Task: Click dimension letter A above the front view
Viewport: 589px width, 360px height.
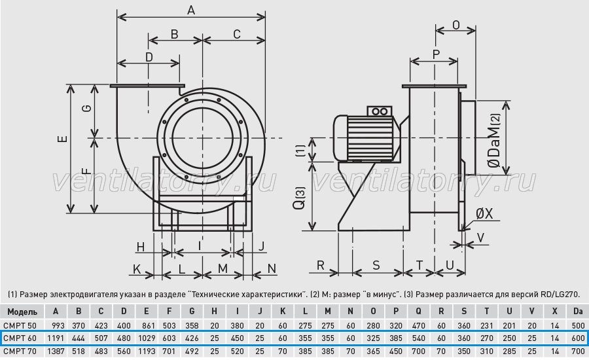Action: pos(191,10)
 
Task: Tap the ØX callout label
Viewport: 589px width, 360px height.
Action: pos(484,214)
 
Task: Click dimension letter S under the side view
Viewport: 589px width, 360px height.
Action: pos(376,265)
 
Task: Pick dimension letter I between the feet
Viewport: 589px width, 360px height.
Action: pos(200,246)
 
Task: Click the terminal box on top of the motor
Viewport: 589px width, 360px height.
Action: pos(379,111)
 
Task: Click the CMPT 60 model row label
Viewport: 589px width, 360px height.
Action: pos(20,338)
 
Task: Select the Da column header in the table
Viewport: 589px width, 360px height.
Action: pos(578,311)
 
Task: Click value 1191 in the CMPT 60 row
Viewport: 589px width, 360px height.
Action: pos(56,338)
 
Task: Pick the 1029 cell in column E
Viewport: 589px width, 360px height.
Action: pos(147,338)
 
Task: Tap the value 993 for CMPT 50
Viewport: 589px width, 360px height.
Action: pos(58,325)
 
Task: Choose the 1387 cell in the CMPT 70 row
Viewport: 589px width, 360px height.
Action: pos(56,351)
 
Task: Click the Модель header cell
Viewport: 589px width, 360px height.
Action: pos(22,312)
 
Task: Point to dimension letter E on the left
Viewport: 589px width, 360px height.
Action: pos(63,138)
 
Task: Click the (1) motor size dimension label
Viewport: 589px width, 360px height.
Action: pos(300,150)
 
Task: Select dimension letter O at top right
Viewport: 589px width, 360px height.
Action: pos(455,25)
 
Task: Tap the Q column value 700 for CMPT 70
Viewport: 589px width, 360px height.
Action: pos(418,351)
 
